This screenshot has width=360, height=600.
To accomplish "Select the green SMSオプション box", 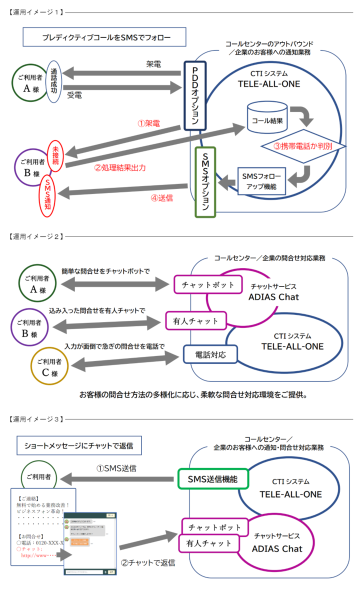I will pyautogui.click(x=205, y=182).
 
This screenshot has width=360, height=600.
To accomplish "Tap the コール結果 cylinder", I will pyautogui.click(x=267, y=117).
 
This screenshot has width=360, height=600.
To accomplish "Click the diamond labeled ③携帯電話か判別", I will pyautogui.click(x=303, y=146).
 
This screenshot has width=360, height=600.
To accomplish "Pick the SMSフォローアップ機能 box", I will pyautogui.click(x=261, y=181).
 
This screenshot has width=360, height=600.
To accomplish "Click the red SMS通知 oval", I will pyautogui.click(x=48, y=195).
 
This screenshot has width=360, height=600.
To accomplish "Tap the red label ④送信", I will pyautogui.click(x=162, y=197).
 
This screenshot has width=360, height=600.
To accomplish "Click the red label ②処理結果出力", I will pyautogui.click(x=120, y=168).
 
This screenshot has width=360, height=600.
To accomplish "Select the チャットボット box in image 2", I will pyautogui.click(x=207, y=285).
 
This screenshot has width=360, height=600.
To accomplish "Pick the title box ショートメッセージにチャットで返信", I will pyautogui.click(x=78, y=444).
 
